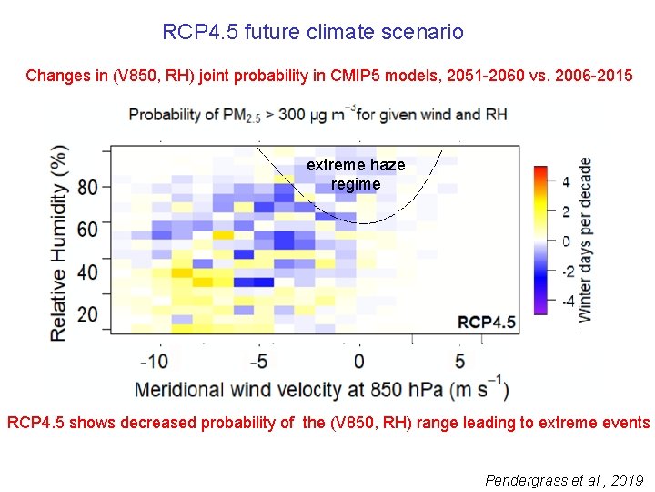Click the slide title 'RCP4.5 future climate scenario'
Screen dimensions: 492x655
[x=312, y=33]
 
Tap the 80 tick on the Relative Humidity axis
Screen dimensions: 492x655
[x=88, y=188]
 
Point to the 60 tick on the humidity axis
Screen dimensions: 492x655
[x=88, y=230]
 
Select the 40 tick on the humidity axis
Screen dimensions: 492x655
[x=88, y=272]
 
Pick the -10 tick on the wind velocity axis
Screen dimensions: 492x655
[x=156, y=360]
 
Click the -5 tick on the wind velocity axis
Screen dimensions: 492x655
[x=259, y=360]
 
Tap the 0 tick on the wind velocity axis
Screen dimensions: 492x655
[x=360, y=360]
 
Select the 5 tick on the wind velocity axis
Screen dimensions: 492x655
[x=459, y=360]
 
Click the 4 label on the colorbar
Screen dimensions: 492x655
[x=566, y=181]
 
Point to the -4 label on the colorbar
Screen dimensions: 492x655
[x=563, y=301]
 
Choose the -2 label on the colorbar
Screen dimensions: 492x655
[x=563, y=271]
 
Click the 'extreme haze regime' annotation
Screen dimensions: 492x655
[x=356, y=175]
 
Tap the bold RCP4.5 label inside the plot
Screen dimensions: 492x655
[x=487, y=322]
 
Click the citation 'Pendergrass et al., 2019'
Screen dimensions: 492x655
[x=564, y=479]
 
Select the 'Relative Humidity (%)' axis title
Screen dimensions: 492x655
[x=60, y=242]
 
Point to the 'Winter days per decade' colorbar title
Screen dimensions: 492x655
[x=585, y=239]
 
